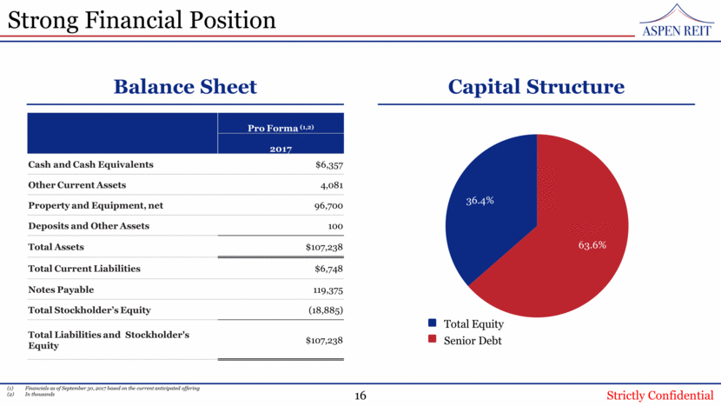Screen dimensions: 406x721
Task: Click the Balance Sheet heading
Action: [x=185, y=87]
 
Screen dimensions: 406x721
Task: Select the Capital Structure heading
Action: [x=536, y=87]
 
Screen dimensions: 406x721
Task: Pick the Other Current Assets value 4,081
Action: [x=328, y=184]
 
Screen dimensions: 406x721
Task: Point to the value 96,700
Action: [x=327, y=205]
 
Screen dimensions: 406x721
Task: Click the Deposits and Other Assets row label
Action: [x=89, y=226]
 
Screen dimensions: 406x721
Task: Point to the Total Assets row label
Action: [x=56, y=247]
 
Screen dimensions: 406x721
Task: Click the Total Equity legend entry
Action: [x=473, y=324]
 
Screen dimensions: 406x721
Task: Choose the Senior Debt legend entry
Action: [x=472, y=340]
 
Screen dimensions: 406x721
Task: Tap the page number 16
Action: [x=360, y=396]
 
